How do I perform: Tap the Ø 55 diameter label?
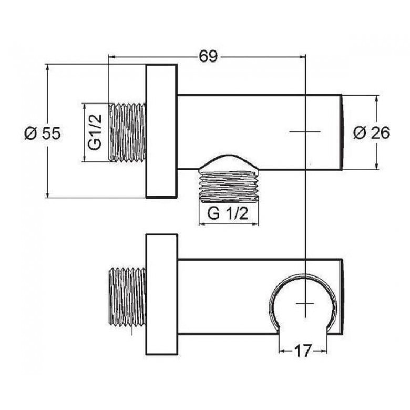(43, 133)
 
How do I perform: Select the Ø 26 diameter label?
(372, 132)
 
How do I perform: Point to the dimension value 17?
(303, 351)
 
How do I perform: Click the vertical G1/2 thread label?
(95, 132)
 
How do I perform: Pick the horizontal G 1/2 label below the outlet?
(228, 213)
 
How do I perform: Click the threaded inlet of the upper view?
(127, 132)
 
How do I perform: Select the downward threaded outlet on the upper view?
(229, 186)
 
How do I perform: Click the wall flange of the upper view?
(161, 131)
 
